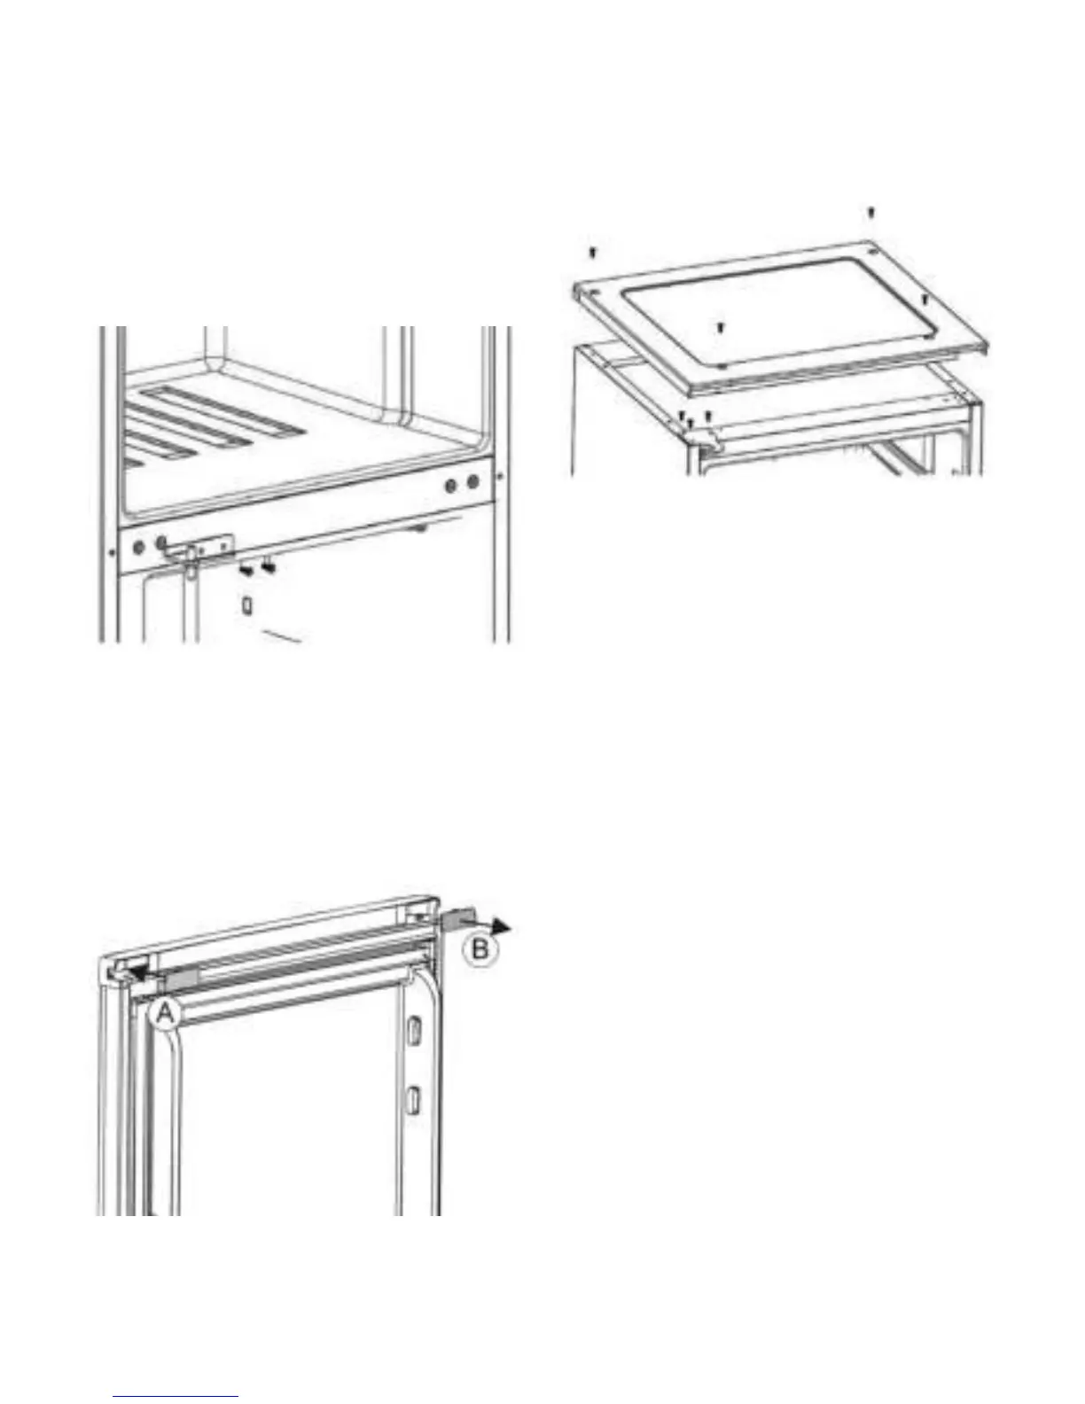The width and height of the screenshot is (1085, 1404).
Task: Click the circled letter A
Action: click(166, 1014)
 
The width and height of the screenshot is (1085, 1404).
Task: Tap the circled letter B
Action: click(480, 949)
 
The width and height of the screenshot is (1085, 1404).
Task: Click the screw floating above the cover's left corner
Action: click(592, 252)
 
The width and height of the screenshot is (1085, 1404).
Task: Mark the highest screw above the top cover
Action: click(870, 212)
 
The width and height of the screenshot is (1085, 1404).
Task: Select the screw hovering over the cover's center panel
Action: click(721, 328)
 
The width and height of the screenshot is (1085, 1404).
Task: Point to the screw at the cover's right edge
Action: click(925, 300)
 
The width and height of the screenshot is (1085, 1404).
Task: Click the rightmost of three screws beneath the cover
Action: click(708, 416)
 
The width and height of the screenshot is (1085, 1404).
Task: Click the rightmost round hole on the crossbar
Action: click(473, 482)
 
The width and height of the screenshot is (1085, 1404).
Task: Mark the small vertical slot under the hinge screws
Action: click(246, 606)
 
